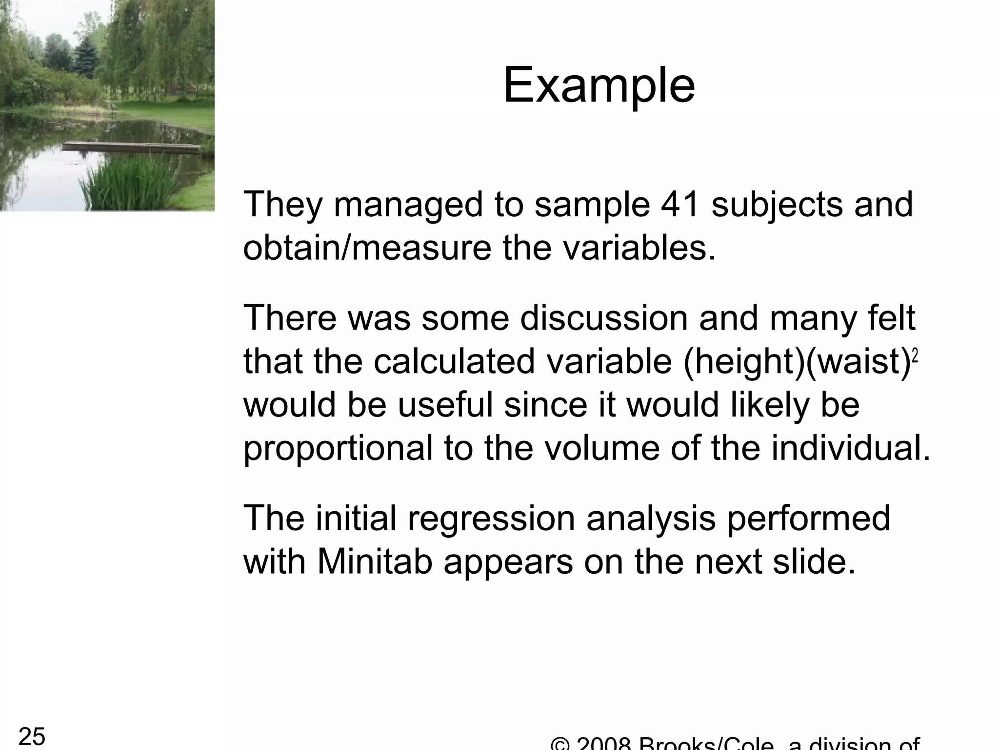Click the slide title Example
599,87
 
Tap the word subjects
777,205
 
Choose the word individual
849,448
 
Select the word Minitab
375,562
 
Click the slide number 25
32,736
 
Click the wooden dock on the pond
132,145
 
